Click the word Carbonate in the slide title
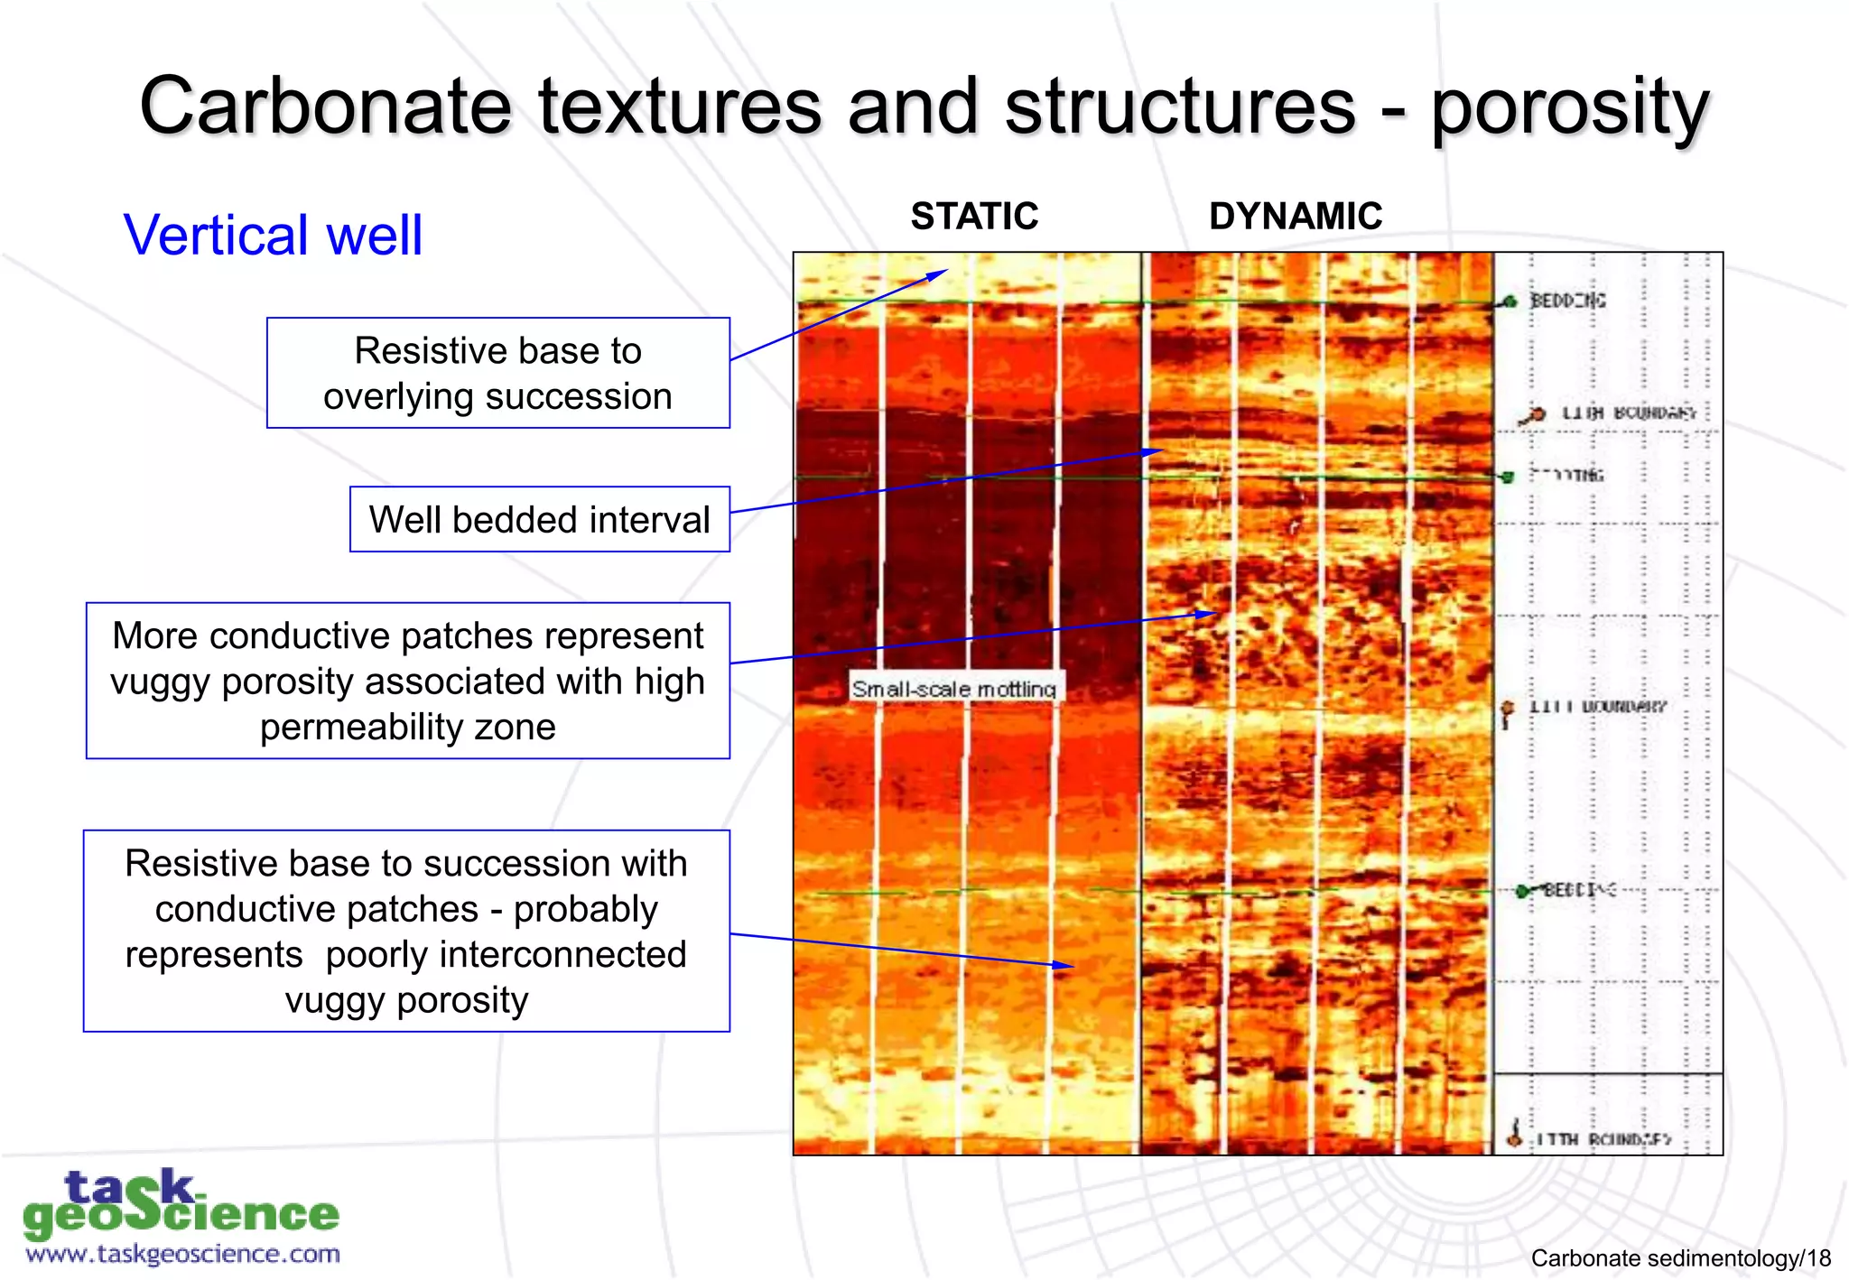[325, 107]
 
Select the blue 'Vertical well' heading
[273, 235]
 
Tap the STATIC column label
[974, 217]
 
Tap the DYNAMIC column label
[1295, 217]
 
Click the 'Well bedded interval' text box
[539, 519]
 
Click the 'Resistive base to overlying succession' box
[497, 373]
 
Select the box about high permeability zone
[407, 681]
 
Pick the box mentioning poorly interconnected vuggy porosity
[406, 931]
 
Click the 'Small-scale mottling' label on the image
[953, 689]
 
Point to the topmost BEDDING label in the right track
[1567, 301]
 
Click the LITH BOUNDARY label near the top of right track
[1628, 413]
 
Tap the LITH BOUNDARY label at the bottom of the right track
[1603, 1139]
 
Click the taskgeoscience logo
[181, 1205]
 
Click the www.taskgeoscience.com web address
[182, 1254]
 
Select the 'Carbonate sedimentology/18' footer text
[1680, 1257]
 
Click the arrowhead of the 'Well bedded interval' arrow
[1157, 450]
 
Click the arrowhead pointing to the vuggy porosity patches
[1210, 614]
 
